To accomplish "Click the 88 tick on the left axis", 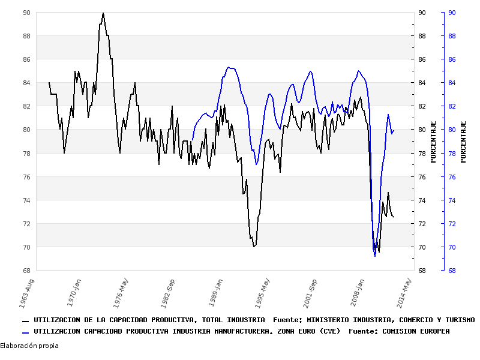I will click(26, 36).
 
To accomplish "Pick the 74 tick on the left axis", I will click(26, 200).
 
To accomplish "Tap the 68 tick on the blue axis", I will click(451, 271).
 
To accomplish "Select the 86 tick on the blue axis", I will click(451, 59).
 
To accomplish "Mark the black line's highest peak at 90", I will click(103, 13).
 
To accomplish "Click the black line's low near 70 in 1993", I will click(254, 246).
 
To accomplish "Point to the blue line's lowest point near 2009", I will click(375, 256).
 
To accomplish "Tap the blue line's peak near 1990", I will click(229, 67).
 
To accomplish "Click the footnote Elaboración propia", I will click(29, 346).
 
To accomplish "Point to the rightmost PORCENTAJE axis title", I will click(463, 141).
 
